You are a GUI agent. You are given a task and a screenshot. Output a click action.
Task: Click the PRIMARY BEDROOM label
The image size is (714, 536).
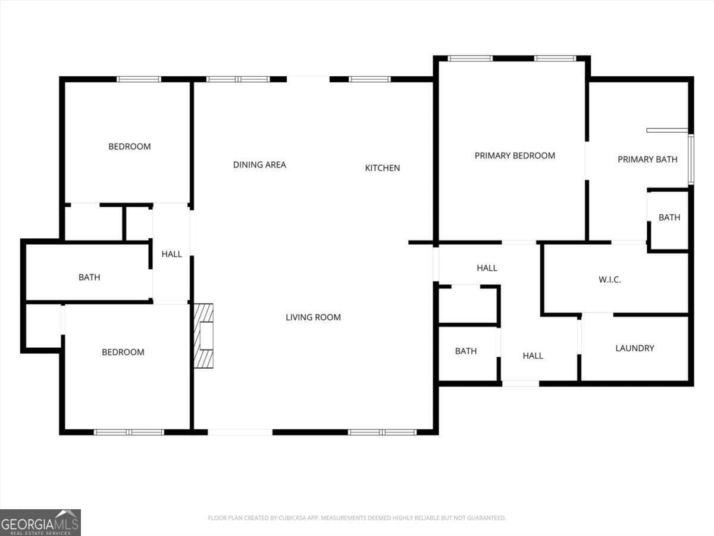tap(515, 155)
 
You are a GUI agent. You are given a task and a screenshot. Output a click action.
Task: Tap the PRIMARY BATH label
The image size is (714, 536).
tap(647, 159)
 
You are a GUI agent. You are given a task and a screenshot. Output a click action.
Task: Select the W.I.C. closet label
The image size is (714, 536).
tap(609, 279)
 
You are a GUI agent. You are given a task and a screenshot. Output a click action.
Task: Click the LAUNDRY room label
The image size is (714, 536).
tap(634, 348)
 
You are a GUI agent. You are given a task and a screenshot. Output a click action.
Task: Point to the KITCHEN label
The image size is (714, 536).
tap(382, 168)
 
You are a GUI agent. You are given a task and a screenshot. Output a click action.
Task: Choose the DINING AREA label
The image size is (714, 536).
tap(259, 164)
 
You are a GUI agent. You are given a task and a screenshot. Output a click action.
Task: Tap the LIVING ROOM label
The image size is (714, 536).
tap(313, 317)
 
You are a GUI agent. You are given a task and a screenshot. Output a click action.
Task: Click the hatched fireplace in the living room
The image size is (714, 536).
tap(203, 336)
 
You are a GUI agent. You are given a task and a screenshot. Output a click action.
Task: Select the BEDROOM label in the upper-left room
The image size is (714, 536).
tap(129, 147)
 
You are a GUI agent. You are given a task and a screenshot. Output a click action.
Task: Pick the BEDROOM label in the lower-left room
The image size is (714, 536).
tap(123, 352)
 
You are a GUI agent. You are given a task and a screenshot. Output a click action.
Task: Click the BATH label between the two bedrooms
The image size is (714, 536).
tap(89, 277)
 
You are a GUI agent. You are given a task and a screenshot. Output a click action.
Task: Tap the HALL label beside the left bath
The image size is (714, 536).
tap(171, 254)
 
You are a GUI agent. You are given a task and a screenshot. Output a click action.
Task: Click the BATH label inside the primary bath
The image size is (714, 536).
tap(669, 217)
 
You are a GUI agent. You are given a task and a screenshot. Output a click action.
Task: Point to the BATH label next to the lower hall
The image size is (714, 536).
tap(465, 351)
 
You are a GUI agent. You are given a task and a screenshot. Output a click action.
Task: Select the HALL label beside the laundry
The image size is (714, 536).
tap(533, 356)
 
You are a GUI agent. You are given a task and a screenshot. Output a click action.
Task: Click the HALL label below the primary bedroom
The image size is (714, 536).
tap(487, 268)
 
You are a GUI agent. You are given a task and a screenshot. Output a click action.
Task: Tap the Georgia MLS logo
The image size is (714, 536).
tap(40, 522)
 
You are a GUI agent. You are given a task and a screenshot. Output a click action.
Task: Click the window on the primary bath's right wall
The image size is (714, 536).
tap(691, 159)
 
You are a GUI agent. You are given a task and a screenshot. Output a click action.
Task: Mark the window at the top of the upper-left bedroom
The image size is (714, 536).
tap(139, 79)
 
